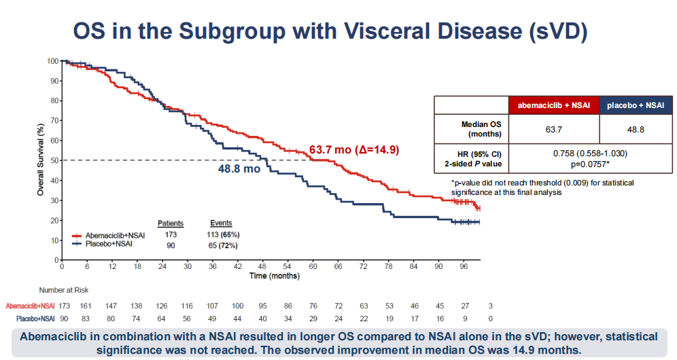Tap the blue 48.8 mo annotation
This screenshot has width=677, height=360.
(239, 168)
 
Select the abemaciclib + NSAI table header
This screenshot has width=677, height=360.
(554, 105)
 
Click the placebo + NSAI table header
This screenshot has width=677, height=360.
(636, 105)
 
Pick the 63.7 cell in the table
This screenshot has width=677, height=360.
(554, 130)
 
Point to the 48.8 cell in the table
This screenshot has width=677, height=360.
(636, 130)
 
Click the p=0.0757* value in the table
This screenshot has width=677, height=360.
(590, 164)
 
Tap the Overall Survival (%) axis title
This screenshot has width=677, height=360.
(41, 160)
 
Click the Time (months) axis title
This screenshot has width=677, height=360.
(275, 276)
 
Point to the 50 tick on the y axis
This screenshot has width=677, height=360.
(55, 160)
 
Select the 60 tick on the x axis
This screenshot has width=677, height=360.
(313, 266)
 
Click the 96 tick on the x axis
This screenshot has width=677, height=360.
(464, 266)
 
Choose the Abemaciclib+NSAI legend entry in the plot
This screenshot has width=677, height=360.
(109, 236)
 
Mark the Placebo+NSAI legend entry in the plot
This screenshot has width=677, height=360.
(103, 244)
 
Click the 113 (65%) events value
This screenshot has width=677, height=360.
(223, 235)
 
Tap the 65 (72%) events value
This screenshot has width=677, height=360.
(223, 246)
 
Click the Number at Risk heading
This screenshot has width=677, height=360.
(64, 290)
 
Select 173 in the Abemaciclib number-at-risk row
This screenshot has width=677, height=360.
(65, 306)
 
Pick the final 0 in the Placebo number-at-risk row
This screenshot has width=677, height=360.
(491, 319)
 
